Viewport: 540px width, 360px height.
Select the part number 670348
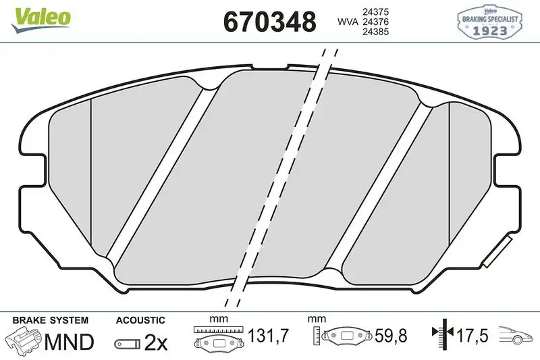coord(269,22)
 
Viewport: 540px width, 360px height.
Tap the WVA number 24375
coord(375,11)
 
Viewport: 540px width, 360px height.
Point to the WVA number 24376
coord(375,22)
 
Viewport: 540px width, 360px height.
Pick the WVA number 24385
coord(375,33)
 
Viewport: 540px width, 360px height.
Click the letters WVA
coord(347,22)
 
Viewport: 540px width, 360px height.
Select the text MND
coord(68,342)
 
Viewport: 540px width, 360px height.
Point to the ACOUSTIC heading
coord(140,319)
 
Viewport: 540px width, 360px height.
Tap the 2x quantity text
coord(156,343)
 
